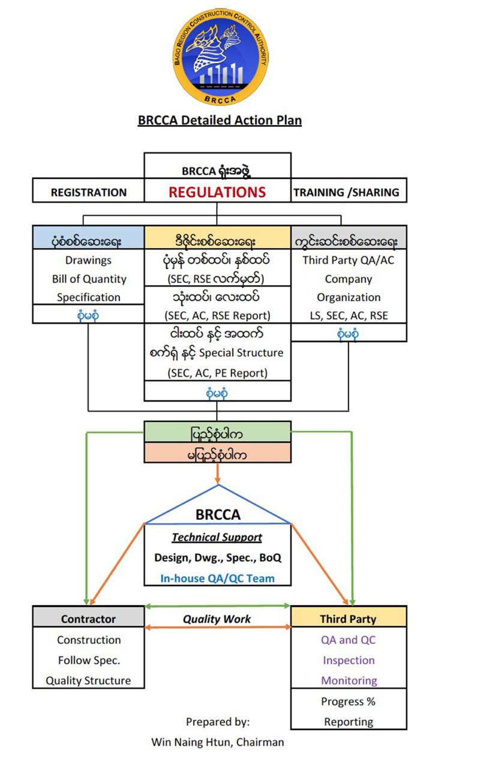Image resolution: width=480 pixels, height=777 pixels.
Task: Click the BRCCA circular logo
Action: [x=221, y=57]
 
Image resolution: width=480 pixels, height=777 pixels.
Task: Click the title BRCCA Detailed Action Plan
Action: [x=220, y=120]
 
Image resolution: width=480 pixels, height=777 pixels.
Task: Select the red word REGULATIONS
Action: [x=217, y=192]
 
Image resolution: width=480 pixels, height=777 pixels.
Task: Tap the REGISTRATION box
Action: [x=88, y=190]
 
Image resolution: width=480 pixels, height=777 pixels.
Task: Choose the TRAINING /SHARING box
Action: [x=349, y=190]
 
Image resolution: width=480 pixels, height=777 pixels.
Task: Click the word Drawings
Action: [x=88, y=260]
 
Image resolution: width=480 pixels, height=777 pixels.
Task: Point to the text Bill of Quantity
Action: [x=89, y=279]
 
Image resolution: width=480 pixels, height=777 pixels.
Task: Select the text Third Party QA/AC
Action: [x=349, y=260]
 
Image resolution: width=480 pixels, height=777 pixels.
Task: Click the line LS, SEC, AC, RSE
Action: [x=349, y=315]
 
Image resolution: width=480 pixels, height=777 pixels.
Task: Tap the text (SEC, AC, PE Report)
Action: [x=217, y=373]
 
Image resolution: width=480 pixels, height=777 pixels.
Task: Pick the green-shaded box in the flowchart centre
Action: [x=217, y=432]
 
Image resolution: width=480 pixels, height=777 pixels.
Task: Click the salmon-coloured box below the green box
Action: [x=217, y=452]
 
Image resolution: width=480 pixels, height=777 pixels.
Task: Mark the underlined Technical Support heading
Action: [x=217, y=537]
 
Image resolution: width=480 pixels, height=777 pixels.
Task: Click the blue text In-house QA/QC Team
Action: [x=217, y=578]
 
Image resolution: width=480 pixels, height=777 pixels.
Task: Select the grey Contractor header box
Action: [x=88, y=617]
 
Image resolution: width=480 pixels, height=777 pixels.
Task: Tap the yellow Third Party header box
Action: [x=349, y=617]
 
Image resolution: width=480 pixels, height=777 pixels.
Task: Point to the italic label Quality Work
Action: [x=217, y=619]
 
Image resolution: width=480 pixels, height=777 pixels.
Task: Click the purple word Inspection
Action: [x=349, y=660]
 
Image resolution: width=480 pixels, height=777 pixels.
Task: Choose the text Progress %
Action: [x=348, y=702]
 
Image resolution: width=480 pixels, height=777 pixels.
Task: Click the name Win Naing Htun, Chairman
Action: [x=217, y=742]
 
